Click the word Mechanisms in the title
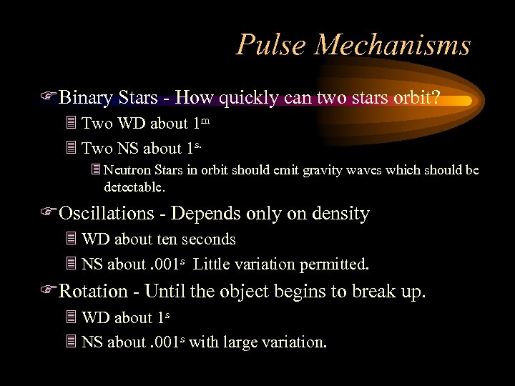(x=393, y=45)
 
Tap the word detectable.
(x=134, y=187)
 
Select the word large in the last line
(x=243, y=342)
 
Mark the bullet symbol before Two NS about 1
(x=70, y=149)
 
